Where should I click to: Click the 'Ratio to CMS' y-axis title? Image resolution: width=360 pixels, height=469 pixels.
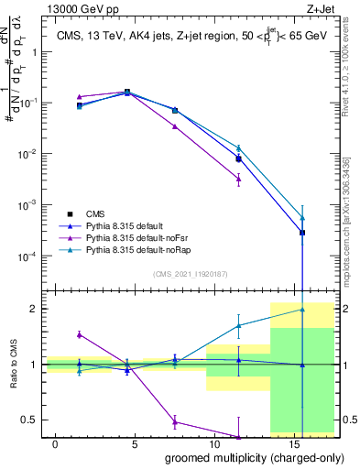click(13, 364)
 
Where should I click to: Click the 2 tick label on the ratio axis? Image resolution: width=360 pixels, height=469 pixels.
click(35, 309)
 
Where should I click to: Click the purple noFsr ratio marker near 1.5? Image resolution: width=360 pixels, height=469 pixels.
click(80, 334)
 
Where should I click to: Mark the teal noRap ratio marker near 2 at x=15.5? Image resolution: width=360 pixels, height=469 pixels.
click(302, 310)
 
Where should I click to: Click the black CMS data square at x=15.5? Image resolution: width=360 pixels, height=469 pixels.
click(302, 233)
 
